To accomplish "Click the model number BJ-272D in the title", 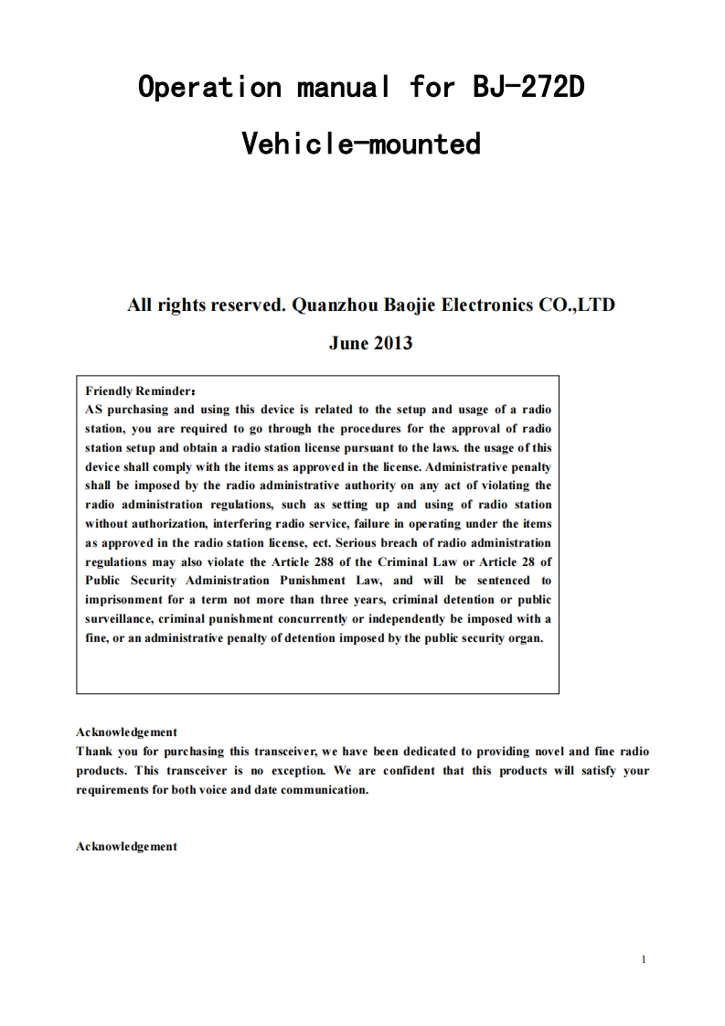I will point(528,88).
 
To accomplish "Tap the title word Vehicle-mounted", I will point(361,144).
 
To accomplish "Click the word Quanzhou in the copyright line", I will point(328,305).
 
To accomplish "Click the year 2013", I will point(391,344).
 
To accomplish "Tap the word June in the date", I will point(347,344).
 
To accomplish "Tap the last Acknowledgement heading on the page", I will point(126,847).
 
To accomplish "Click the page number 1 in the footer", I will point(645,959).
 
